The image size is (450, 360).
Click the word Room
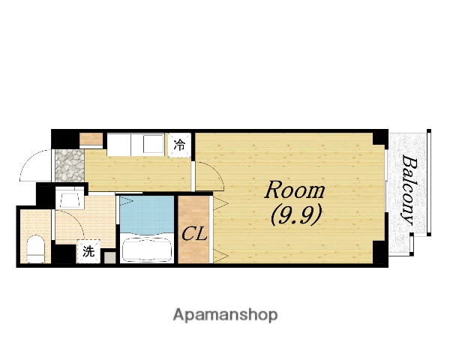coord(295,190)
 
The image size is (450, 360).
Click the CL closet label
coord(194,234)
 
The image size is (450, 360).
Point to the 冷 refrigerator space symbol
coord(179,145)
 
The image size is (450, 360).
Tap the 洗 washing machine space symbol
coord(88,251)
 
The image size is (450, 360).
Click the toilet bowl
coord(36,248)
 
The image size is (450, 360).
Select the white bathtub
coord(147,248)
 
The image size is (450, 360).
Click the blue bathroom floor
coord(147,214)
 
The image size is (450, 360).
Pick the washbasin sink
coord(70,198)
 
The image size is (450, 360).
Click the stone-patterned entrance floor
coord(70,165)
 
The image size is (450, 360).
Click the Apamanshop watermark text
coord(225,315)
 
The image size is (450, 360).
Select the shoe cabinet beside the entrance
coord(91,139)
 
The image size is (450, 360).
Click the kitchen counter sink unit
coord(136,145)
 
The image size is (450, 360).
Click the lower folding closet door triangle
coord(220,256)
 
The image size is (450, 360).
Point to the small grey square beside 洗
coord(109,257)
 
